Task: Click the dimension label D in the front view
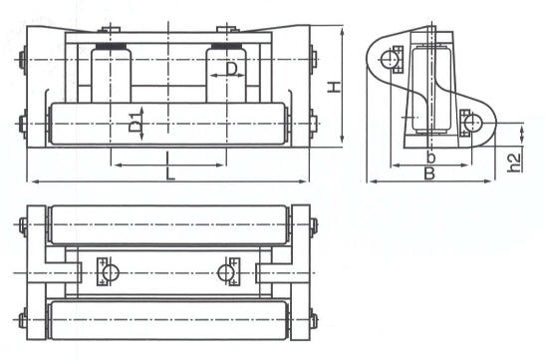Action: point(231,69)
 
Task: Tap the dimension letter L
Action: point(171,173)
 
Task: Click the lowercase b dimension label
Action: point(429,158)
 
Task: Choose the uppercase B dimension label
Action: point(428,174)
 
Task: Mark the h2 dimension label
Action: point(514,161)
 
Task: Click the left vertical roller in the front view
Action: point(111,75)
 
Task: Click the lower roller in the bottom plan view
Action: point(169,318)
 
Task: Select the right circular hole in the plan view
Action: point(232,271)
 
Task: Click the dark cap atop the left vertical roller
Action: point(111,45)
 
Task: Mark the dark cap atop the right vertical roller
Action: point(226,45)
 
